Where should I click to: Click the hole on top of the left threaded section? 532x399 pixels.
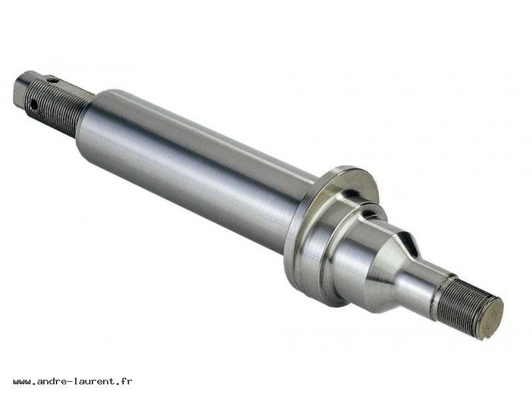pos(52,80)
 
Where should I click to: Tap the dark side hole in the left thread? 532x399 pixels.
pos(33,104)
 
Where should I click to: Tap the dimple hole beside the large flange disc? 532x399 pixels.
pos(350,194)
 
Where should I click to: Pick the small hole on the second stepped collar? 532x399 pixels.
pos(369,213)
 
